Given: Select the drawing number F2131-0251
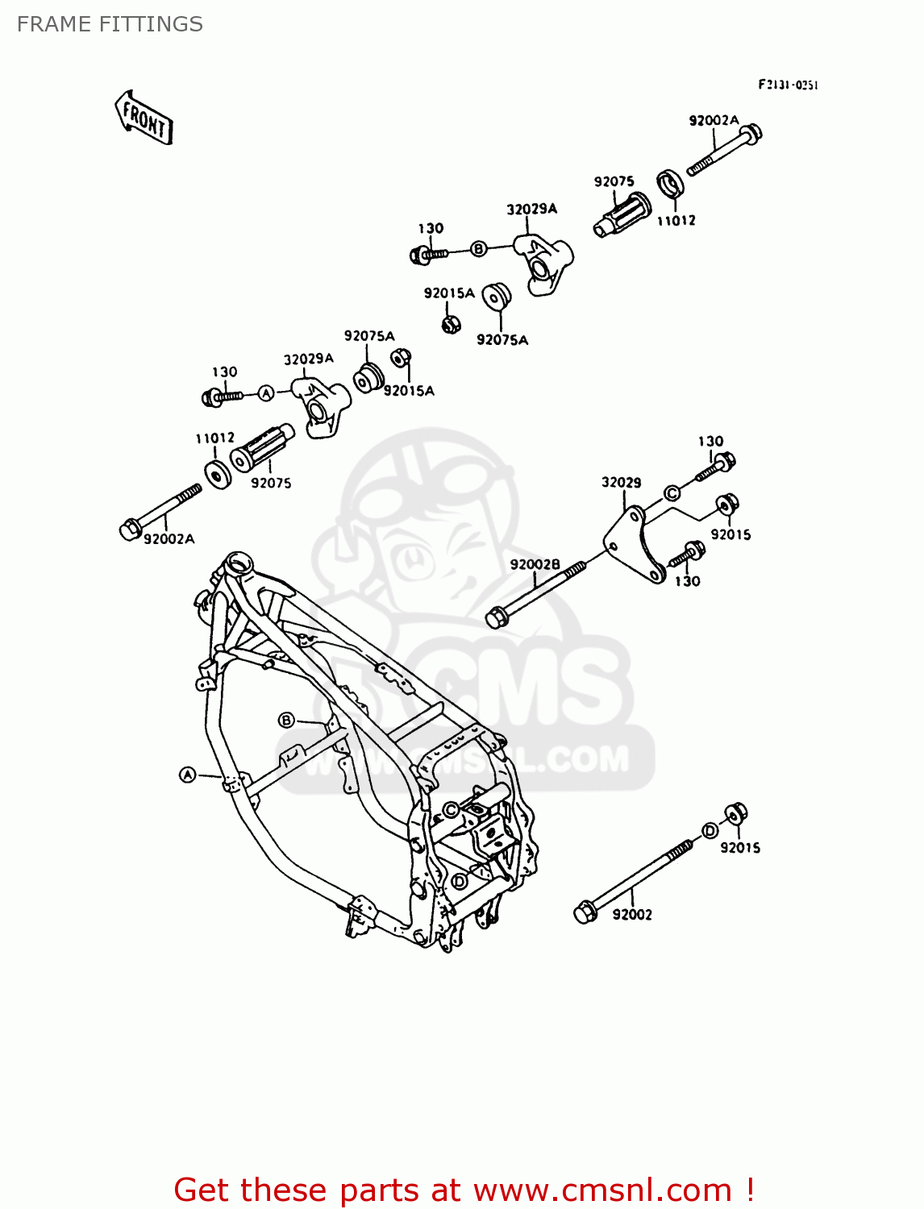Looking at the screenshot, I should [x=787, y=85].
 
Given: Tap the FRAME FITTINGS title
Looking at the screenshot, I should [x=110, y=24].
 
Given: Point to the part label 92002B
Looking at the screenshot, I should [x=535, y=564].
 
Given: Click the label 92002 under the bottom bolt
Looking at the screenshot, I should [x=632, y=914].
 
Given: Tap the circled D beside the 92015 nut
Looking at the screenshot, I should [x=710, y=831].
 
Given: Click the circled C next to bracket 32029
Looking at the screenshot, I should [x=672, y=493].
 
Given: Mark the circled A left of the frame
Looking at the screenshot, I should [x=187, y=775].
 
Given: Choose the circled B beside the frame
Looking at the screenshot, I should [x=286, y=720].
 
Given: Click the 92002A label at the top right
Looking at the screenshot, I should [x=714, y=121].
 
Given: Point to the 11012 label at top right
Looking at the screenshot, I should [x=676, y=220].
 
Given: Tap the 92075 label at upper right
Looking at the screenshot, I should [x=614, y=182].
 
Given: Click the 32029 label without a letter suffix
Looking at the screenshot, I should [x=621, y=482].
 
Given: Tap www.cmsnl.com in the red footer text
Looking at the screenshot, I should [x=602, y=1190].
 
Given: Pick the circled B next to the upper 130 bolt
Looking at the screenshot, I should [x=478, y=249].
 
